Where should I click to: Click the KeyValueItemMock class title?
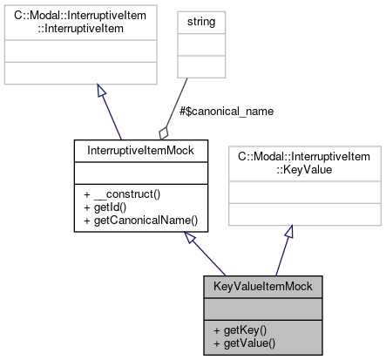tap(262, 286)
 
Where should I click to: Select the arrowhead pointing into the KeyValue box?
tap(290, 232)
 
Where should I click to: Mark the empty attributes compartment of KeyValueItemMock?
tap(262, 308)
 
